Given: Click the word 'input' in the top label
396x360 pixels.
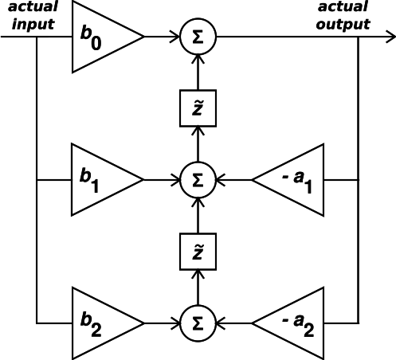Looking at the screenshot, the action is click(33, 25).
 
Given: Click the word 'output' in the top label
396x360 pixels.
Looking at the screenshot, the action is click(343, 25).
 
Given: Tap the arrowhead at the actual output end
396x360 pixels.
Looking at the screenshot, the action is click(391, 37).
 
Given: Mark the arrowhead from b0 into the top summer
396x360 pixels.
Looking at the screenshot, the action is click(176, 37).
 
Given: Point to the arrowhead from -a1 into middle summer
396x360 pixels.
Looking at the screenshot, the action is click(221, 180).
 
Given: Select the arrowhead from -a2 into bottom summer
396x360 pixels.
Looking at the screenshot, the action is click(221, 323).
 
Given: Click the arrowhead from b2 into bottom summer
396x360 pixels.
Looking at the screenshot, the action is click(176, 323).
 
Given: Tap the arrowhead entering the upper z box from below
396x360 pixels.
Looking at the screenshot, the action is click(198, 131).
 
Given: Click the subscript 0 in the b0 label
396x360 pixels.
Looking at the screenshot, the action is click(96, 43).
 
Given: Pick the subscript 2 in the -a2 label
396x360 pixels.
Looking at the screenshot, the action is click(308, 330).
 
